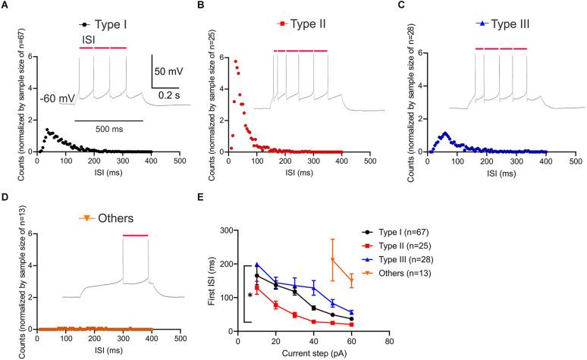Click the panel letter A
5,7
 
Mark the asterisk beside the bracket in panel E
250,296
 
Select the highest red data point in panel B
235,61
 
